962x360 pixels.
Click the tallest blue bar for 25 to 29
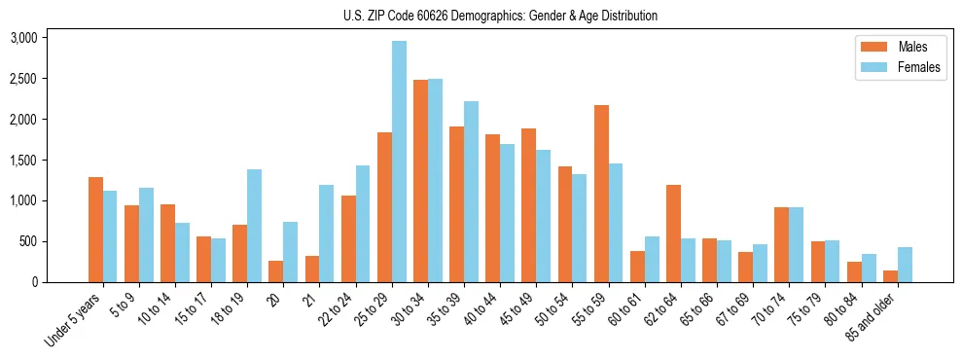[399, 162]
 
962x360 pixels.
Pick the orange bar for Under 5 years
[95, 230]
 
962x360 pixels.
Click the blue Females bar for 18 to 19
[254, 226]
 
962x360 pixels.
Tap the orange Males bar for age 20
[276, 271]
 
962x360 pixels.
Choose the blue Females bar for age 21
[326, 234]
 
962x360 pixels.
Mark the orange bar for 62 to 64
[673, 234]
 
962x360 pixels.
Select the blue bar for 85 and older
[905, 265]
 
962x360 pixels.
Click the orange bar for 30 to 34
[420, 181]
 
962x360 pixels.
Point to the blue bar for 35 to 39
[471, 192]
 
